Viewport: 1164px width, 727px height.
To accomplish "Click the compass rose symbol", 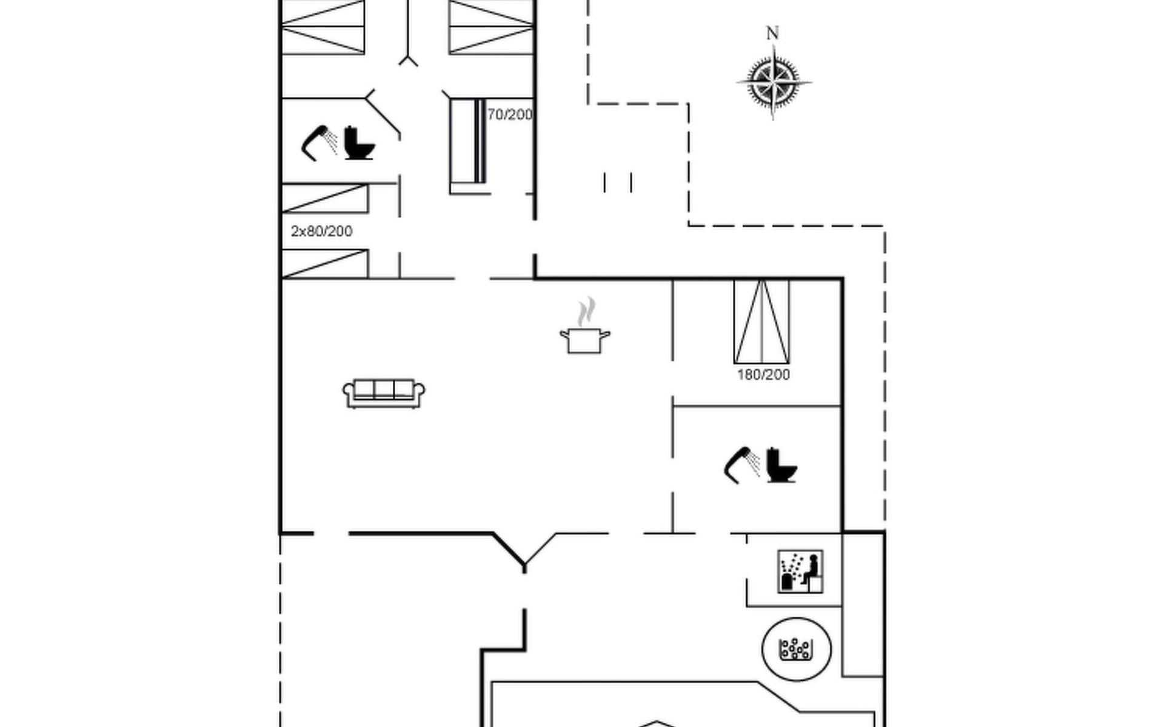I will (774, 82).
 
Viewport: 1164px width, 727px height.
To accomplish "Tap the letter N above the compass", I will (772, 33).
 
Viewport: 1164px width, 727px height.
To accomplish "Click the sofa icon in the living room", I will (384, 393).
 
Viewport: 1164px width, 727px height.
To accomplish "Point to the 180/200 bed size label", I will (763, 375).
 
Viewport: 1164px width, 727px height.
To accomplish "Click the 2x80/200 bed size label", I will (321, 231).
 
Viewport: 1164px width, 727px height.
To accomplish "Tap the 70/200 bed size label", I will (510, 115).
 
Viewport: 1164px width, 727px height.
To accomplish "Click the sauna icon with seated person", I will (800, 571).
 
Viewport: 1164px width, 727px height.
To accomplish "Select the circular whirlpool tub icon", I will (796, 649).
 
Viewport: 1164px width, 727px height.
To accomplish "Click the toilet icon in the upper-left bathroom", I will (358, 143).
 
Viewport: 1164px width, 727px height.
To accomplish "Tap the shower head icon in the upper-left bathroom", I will (319, 143).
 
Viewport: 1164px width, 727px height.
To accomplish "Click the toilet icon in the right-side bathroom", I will (781, 465).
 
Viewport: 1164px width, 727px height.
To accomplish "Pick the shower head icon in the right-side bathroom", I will (741, 465).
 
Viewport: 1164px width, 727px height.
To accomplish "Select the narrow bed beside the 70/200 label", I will (467, 145).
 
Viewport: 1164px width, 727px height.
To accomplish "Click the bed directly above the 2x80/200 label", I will (325, 199).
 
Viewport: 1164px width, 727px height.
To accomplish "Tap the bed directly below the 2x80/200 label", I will (325, 264).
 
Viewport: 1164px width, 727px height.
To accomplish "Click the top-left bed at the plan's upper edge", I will (323, 27).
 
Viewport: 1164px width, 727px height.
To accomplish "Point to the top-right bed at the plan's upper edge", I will (491, 27).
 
